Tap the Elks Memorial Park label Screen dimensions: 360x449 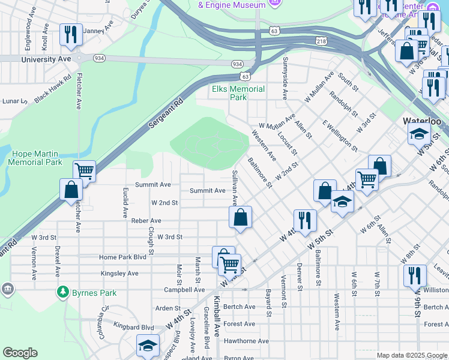pos(238,93)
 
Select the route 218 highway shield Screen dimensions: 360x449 pos(321,40)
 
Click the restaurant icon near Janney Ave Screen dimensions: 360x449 pos(71,34)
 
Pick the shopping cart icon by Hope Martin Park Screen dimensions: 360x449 pos(85,171)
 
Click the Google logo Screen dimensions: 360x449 pos(20,353)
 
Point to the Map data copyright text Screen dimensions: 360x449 pos(412,355)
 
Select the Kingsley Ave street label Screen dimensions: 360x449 pos(119,274)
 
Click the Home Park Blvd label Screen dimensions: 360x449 pos(122,257)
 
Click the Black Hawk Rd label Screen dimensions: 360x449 pos(53,89)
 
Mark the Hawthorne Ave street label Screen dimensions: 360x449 pos(247,341)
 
